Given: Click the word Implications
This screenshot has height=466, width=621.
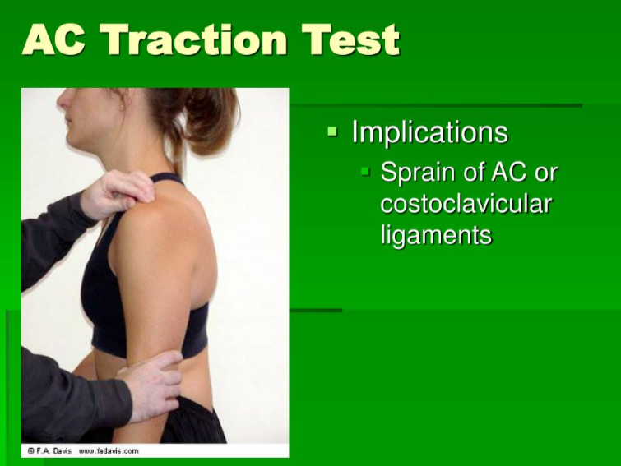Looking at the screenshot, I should [429, 132].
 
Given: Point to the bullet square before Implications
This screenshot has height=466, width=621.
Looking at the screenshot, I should [332, 131].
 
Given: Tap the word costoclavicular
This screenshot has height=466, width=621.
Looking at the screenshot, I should [466, 204].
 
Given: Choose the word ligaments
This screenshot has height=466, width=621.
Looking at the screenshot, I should [436, 235].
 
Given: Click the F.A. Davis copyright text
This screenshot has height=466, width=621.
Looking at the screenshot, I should [50, 450].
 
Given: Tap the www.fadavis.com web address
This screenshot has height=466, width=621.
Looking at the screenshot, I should [108, 450].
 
